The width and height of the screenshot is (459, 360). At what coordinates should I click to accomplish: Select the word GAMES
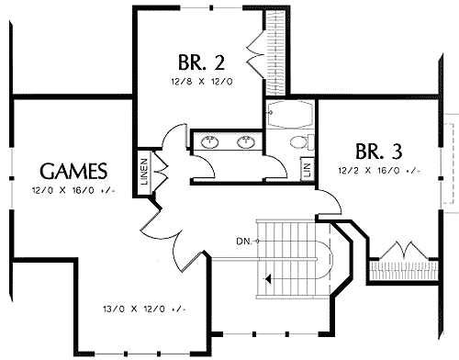click(73, 172)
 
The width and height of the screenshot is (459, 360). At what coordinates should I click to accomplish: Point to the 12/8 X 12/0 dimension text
click(201, 82)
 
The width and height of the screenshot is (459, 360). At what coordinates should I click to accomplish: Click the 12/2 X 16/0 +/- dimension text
click(379, 170)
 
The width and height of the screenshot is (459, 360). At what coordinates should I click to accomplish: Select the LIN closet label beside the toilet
click(307, 170)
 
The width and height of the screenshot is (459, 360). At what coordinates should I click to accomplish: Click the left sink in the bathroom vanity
click(211, 142)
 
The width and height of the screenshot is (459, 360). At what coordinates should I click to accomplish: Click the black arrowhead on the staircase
click(267, 276)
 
